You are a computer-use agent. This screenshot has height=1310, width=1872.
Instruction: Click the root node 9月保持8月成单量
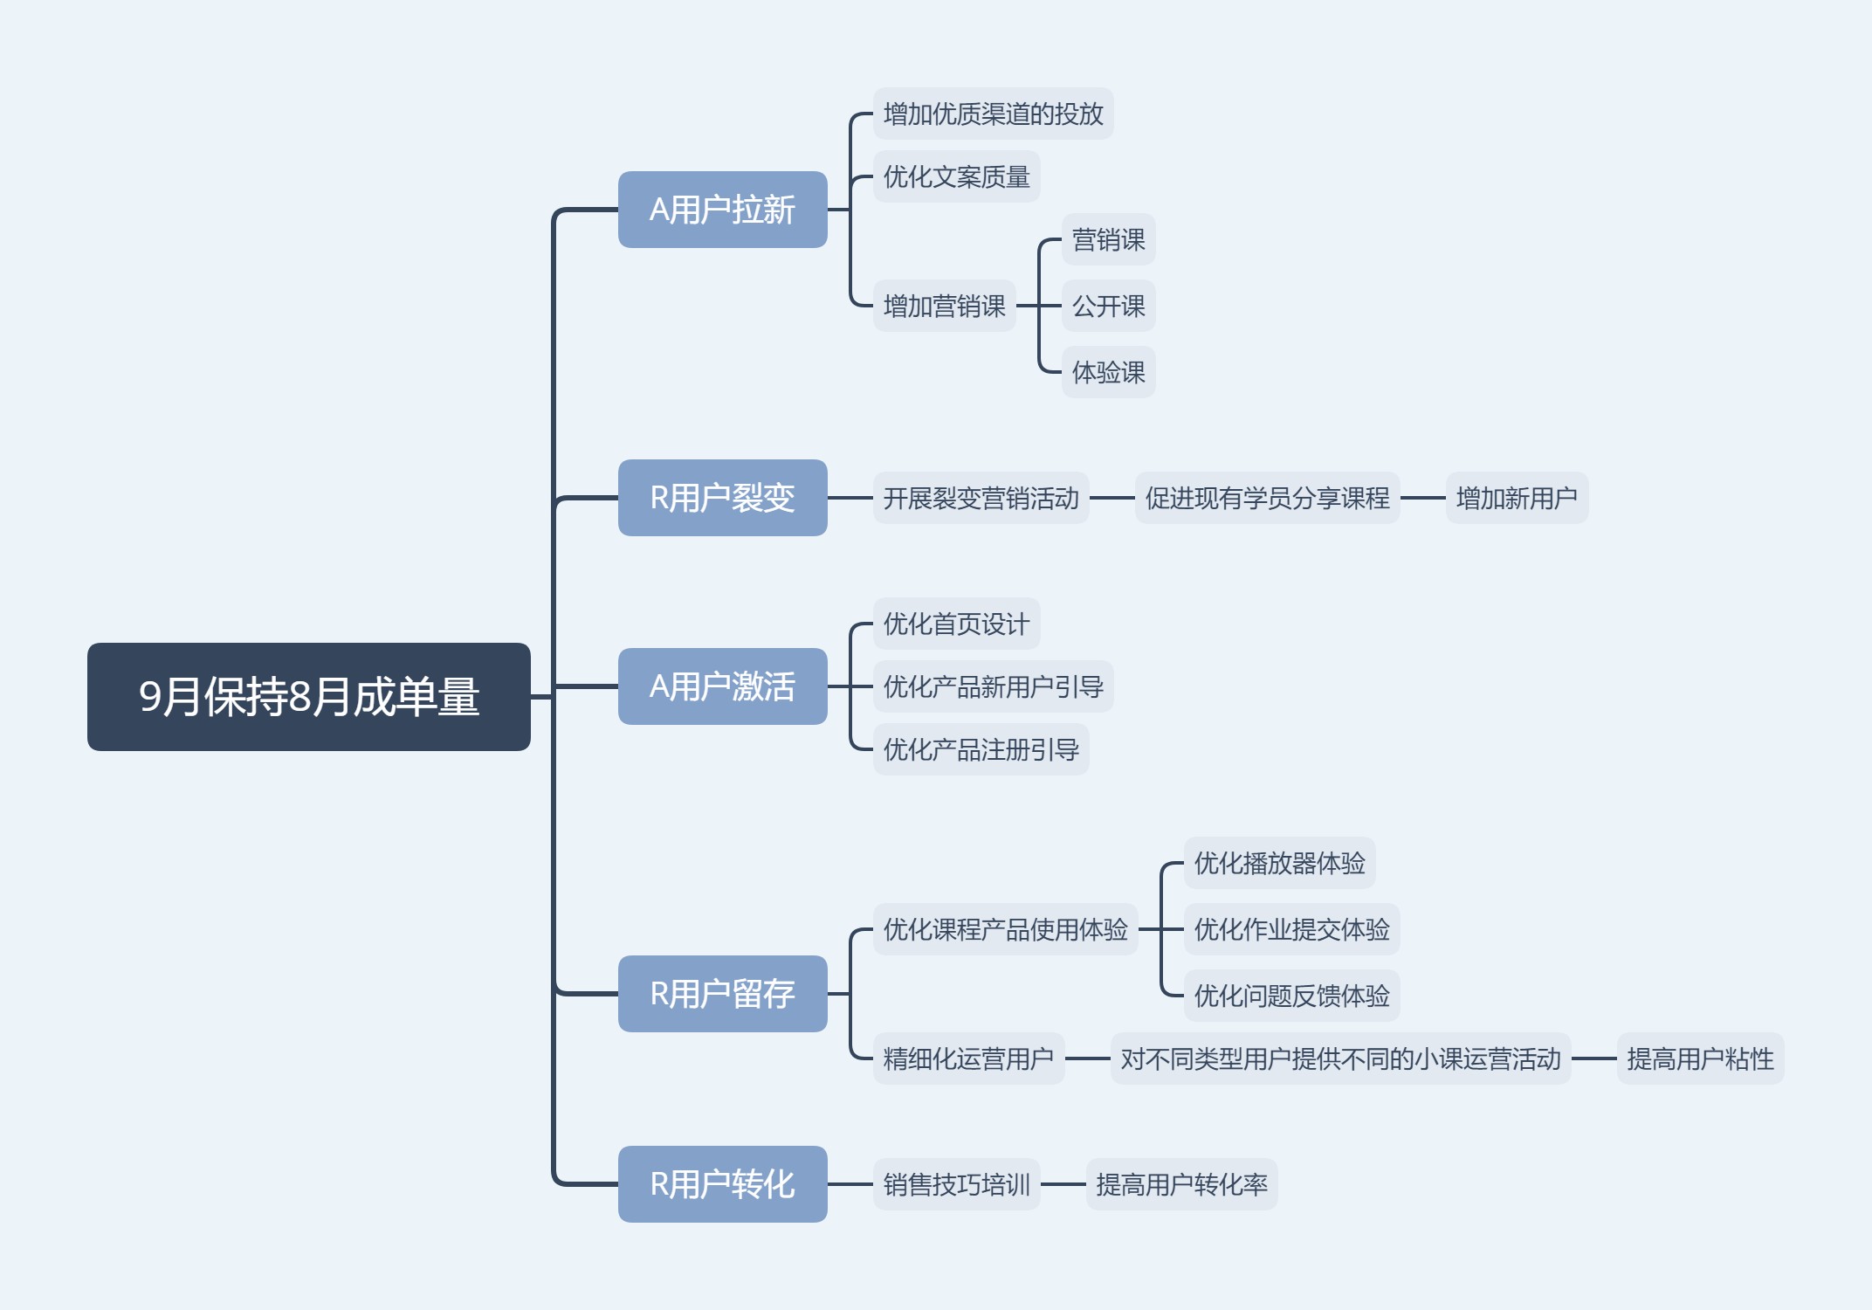point(308,697)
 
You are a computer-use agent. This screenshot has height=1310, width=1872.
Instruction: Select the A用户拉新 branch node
point(722,210)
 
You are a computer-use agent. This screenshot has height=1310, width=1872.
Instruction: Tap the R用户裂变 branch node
point(722,498)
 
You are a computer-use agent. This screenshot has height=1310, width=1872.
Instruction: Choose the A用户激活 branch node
point(722,686)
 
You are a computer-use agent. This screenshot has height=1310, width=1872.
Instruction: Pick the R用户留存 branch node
point(722,994)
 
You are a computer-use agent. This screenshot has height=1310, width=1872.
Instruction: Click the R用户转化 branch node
point(722,1184)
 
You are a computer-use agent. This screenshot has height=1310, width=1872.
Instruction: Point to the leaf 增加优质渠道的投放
point(993,114)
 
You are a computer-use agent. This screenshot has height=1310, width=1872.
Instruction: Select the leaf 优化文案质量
point(956,176)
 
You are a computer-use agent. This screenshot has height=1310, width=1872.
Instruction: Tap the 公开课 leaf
point(1108,306)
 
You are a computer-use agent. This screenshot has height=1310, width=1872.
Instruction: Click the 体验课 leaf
point(1108,372)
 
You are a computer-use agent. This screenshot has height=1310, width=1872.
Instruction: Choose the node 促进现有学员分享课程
point(1267,498)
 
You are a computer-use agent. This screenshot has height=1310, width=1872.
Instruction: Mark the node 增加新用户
point(1517,498)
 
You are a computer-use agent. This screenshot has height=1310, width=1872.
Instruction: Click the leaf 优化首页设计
point(956,624)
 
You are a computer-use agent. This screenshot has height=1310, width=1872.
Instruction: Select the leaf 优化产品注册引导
point(981,749)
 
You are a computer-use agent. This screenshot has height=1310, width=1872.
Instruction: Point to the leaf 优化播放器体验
point(1279,863)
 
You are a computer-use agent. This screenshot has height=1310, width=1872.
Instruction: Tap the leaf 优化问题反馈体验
point(1291,996)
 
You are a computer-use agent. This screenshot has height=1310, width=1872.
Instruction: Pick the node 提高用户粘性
point(1700,1058)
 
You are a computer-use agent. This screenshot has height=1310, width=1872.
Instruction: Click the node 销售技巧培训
point(956,1184)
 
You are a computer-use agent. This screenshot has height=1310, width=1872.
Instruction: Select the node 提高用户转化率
point(1181,1184)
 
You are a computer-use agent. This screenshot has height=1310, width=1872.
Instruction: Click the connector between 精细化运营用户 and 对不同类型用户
point(1087,1058)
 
